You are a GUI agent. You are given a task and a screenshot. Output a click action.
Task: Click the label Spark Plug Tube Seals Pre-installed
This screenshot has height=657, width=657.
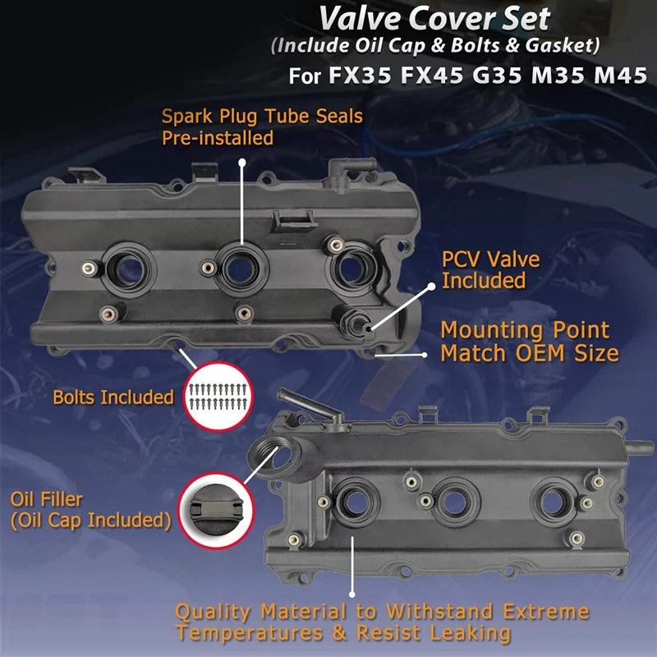coord(261,127)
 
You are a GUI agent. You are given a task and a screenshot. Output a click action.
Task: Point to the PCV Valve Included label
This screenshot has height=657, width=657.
coord(491,270)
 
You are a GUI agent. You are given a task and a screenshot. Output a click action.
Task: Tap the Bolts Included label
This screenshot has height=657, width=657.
coord(113,397)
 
